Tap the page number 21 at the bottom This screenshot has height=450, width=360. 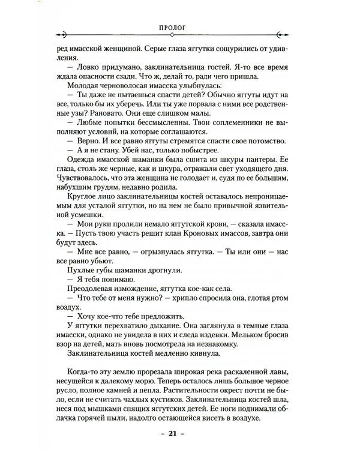click(x=180, y=434)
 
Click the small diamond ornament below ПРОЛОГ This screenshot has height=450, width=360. click(x=180, y=35)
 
